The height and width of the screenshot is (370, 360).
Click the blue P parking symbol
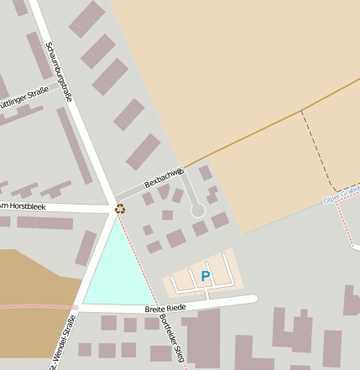tap(206, 276)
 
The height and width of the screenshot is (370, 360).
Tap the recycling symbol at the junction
tap(120, 208)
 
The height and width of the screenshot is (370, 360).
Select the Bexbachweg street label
tap(164, 177)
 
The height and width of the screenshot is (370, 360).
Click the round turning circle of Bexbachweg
tap(198, 211)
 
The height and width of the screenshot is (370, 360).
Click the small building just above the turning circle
tap(206, 173)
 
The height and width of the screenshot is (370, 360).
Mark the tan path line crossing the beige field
tap(269, 126)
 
